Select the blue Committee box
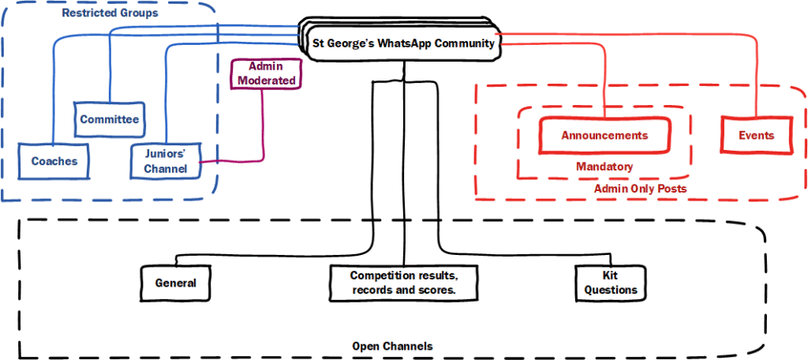tap(110, 120)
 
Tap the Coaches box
tap(54, 161)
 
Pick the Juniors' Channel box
tap(165, 160)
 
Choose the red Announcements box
tap(604, 136)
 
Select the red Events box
tap(756, 136)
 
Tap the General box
tap(175, 283)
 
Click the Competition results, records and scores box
tap(404, 283)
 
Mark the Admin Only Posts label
tap(640, 189)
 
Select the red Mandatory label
tap(604, 167)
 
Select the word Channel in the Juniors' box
tap(165, 168)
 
